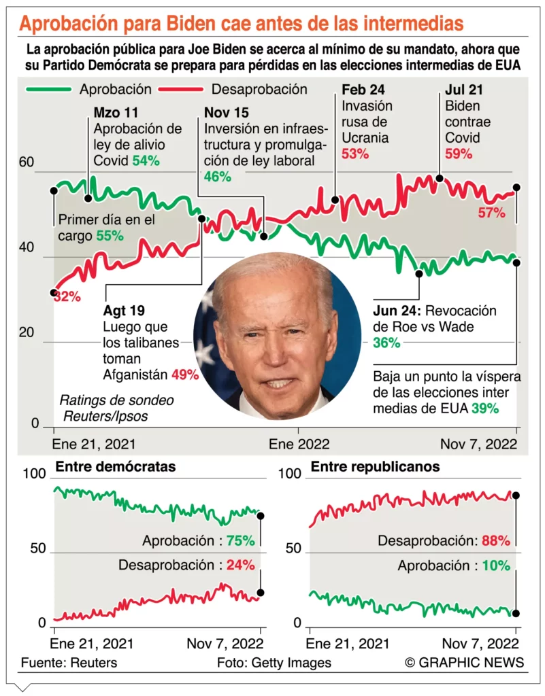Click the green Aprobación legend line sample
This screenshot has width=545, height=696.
click(x=48, y=89)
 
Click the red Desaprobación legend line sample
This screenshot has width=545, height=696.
click(x=180, y=89)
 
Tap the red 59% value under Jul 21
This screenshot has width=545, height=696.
click(x=459, y=154)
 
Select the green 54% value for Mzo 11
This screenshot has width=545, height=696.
click(x=146, y=160)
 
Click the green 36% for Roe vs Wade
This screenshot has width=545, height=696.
click(x=386, y=343)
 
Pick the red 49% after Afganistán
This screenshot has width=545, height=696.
click(x=185, y=374)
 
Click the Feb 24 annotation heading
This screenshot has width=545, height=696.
click(x=363, y=90)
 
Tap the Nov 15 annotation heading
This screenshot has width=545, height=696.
click(x=227, y=112)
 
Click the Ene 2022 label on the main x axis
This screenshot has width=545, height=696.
click(x=299, y=445)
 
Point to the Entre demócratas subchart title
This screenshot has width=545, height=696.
click(x=116, y=467)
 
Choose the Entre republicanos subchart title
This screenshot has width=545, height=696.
click(x=375, y=467)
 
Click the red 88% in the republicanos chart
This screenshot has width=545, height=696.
click(x=495, y=541)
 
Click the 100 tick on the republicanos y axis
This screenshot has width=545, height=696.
click(x=288, y=474)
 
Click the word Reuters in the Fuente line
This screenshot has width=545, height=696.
click(x=93, y=663)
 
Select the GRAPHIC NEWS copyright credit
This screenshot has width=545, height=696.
click(x=465, y=663)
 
